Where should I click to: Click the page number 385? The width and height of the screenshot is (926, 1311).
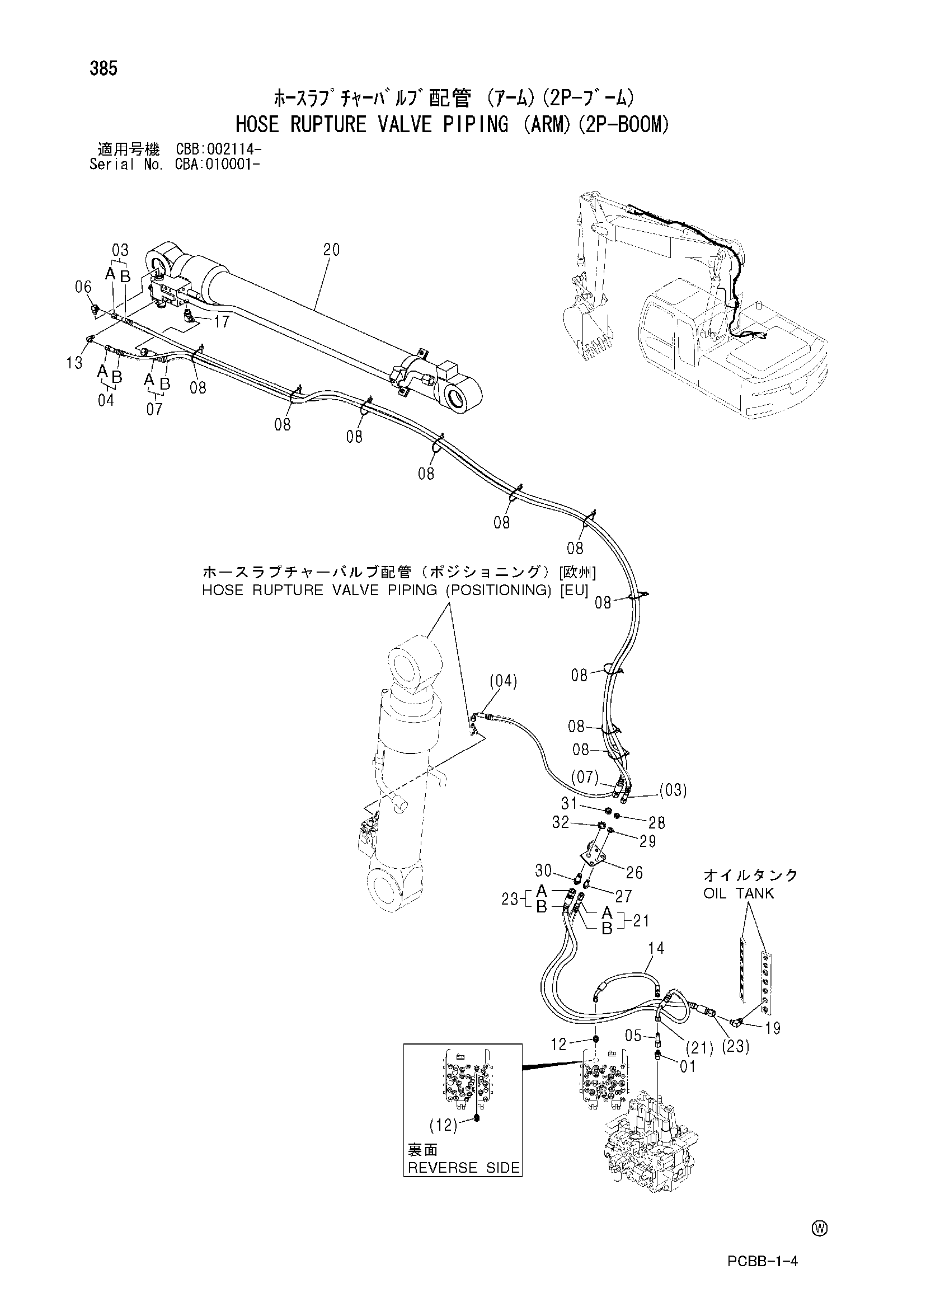[104, 68]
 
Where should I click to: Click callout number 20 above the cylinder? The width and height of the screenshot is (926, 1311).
[331, 250]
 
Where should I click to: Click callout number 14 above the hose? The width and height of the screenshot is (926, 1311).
[656, 948]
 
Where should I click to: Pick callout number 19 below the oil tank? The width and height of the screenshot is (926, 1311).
[773, 1028]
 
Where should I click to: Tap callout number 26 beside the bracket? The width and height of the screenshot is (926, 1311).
[634, 873]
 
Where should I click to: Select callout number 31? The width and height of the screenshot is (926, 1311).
[569, 803]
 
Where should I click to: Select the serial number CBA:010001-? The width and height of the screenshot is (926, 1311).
[219, 165]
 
